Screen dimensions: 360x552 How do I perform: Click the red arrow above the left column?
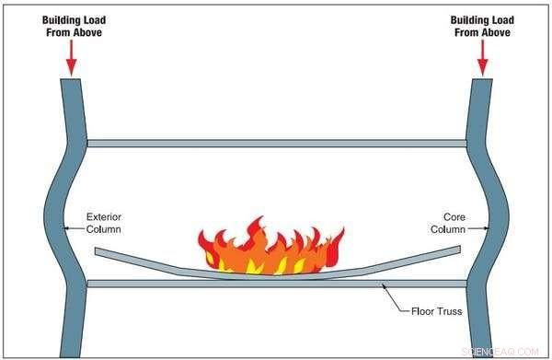click(71, 57)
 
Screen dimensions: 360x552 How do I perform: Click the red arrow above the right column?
click(481, 57)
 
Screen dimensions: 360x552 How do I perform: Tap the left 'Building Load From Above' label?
click(71, 25)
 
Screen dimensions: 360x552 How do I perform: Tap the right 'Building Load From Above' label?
click(481, 25)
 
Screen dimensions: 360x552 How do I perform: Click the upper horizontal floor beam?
click(276, 144)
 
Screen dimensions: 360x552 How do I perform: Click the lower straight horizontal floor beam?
click(276, 284)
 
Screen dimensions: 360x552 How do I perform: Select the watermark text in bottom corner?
click(511, 352)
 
